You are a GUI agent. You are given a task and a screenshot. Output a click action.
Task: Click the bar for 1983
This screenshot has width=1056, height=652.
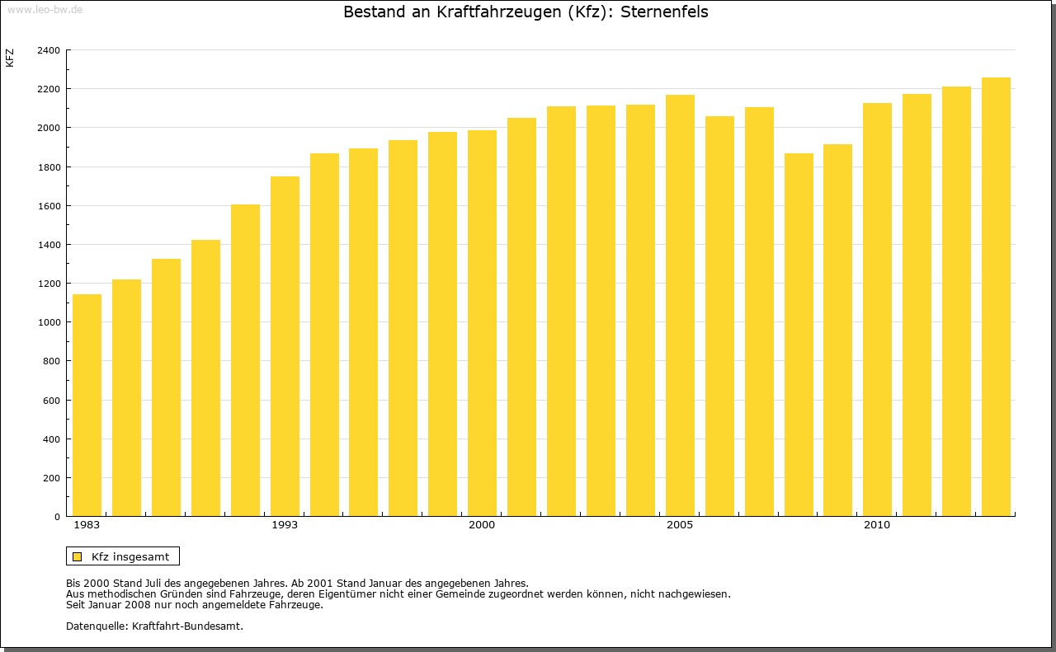[87, 406]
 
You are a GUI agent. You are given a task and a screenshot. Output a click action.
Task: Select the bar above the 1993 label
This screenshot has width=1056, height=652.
[285, 346]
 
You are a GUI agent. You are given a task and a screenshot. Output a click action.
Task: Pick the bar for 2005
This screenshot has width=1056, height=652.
[680, 306]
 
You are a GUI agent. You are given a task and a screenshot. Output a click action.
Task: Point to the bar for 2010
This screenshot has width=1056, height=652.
[877, 310]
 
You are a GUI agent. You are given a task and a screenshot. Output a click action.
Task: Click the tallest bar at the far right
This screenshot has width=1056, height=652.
[996, 297]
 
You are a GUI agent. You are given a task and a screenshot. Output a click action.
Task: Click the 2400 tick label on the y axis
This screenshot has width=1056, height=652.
[49, 50]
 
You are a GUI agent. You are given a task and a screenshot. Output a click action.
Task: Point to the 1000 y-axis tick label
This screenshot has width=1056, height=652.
[49, 322]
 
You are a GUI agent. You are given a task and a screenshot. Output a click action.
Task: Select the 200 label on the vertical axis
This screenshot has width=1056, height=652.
[51, 478]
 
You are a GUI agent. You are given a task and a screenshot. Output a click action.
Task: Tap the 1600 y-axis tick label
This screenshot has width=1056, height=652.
[49, 206]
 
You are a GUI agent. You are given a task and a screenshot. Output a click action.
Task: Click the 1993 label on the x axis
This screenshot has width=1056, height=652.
[285, 525]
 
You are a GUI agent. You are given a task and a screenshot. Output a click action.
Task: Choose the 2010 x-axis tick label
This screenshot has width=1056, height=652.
[877, 525]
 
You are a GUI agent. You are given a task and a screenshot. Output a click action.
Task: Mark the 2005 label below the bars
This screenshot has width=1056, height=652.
[680, 525]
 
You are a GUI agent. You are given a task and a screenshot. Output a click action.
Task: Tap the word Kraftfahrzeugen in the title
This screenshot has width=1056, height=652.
[486, 12]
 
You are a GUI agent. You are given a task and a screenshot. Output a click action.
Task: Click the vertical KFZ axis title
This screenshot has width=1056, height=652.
[10, 58]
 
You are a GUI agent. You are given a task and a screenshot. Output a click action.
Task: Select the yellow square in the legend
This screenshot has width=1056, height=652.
[77, 556]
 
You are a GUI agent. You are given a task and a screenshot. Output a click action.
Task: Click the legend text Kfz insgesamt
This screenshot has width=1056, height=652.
[130, 556]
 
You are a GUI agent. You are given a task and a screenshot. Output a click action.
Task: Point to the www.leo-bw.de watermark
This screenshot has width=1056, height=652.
[45, 8]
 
